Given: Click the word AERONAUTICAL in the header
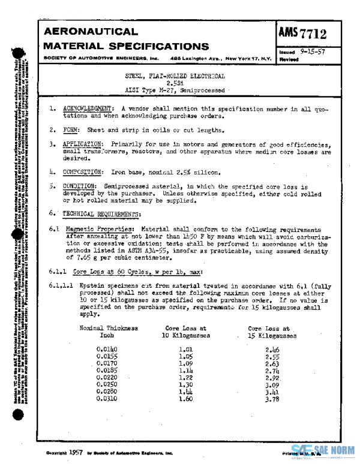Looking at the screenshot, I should [91, 31].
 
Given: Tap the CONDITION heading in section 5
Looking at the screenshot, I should [82, 186].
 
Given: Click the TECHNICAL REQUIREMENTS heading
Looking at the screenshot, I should [103, 213].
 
